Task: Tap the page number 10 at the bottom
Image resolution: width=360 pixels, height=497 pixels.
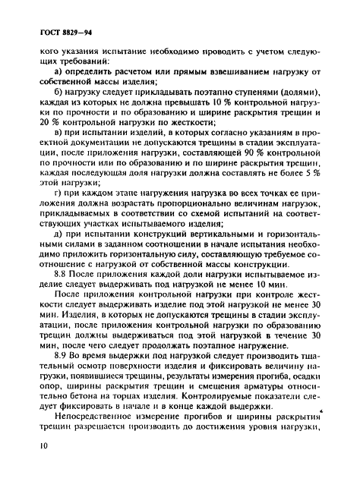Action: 36,473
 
